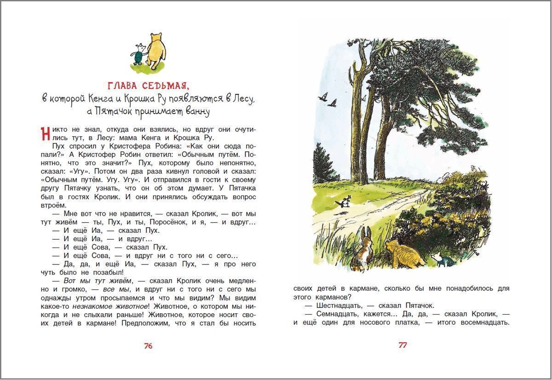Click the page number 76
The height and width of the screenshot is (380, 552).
pos(148,346)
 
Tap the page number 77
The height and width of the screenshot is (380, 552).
pos(402,345)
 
